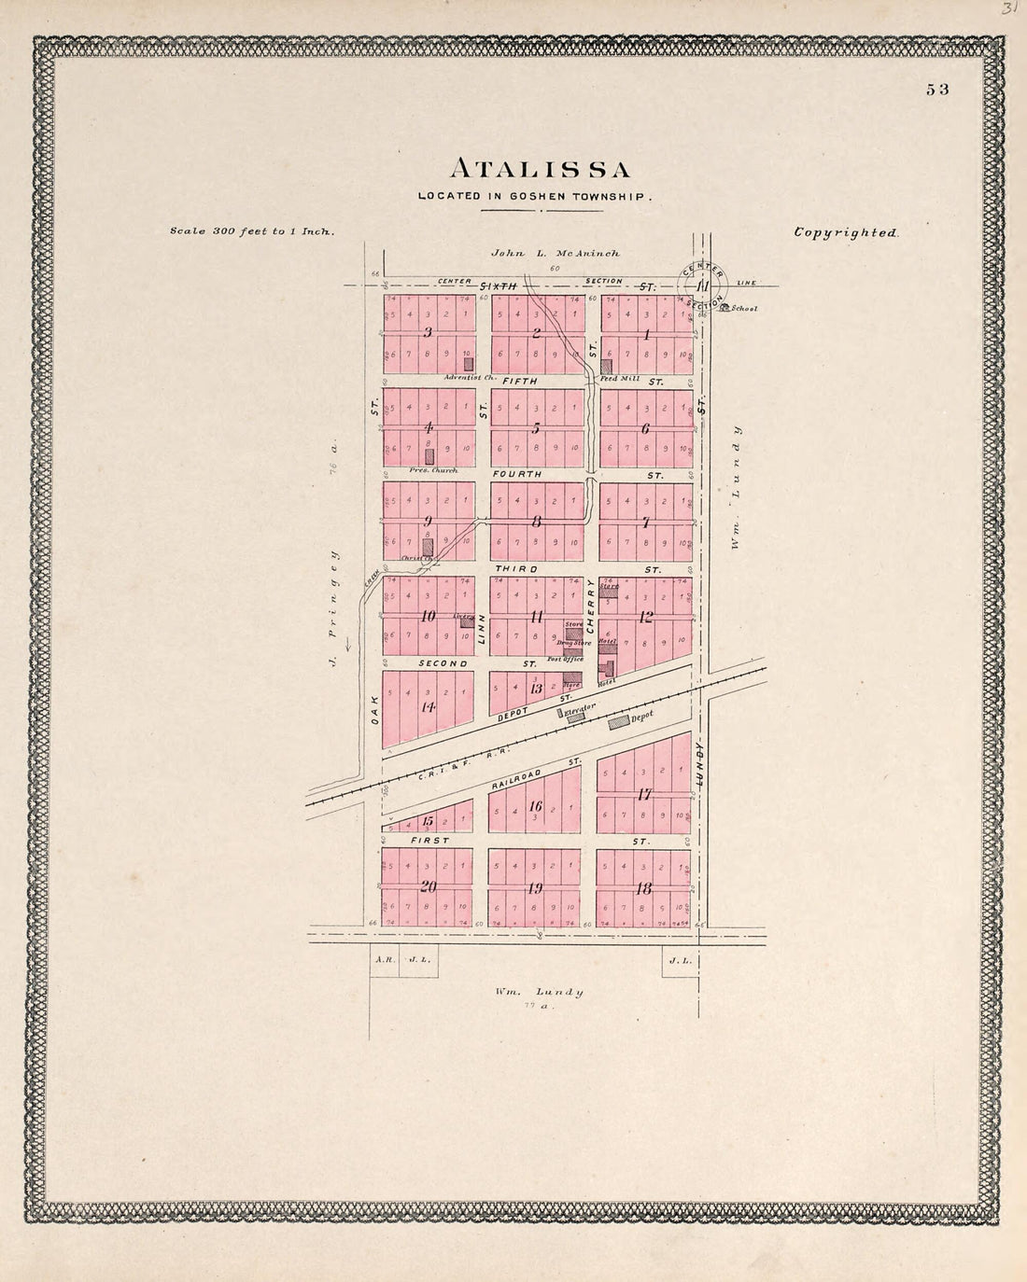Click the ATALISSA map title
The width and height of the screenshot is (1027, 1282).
[x=541, y=169]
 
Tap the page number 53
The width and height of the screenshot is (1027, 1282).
[x=937, y=90]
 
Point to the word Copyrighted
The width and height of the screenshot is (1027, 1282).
[x=846, y=233]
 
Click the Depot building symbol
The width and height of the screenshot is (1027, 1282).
[x=619, y=722]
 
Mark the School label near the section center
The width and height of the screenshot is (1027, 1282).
[x=744, y=308]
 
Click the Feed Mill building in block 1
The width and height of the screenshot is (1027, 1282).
[x=606, y=367]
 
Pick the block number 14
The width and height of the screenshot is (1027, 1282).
[x=428, y=706]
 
